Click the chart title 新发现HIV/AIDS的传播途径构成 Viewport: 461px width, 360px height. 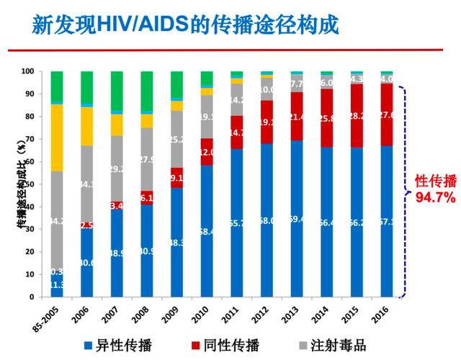pyautogui.click(x=186, y=24)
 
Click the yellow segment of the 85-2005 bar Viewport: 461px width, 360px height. pyautogui.click(x=56, y=138)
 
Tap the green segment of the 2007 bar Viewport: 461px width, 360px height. pyautogui.click(x=117, y=91)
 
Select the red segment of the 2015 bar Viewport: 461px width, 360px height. pyautogui.click(x=357, y=116)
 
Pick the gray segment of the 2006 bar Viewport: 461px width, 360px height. pyautogui.click(x=86, y=184)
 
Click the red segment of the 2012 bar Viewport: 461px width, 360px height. pyautogui.click(x=267, y=122)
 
